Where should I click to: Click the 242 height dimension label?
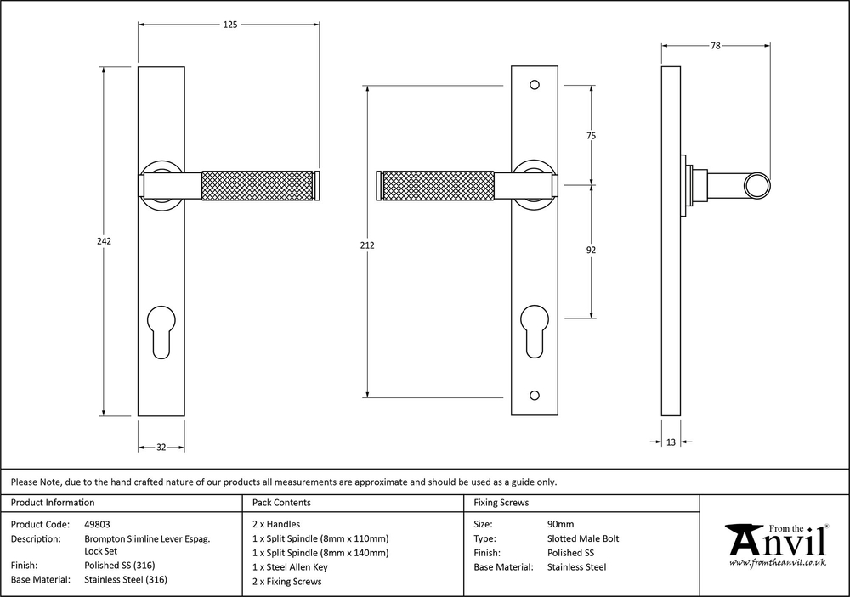point(105,242)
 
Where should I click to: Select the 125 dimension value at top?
point(229,25)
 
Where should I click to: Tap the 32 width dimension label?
point(161,447)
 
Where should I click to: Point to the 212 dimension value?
point(367,245)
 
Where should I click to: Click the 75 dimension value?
point(592,136)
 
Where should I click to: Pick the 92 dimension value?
point(592,251)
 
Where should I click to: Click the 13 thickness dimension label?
point(671,442)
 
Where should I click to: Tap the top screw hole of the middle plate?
point(534,85)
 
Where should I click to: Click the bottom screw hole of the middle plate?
point(534,395)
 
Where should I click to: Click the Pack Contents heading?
point(281,503)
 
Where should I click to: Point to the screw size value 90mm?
point(561,524)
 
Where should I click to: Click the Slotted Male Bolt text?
point(583,538)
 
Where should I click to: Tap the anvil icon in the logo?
point(741,538)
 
